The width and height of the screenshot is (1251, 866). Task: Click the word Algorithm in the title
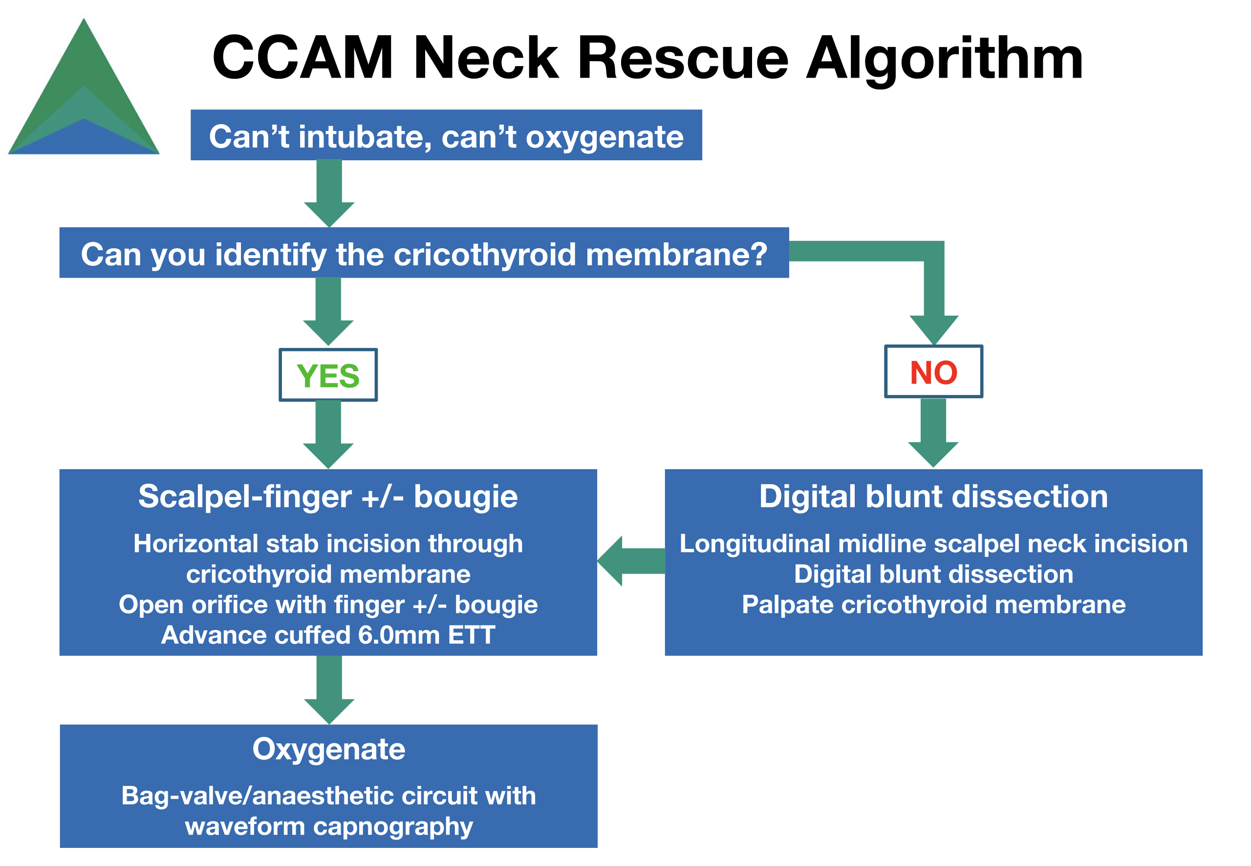click(x=945, y=60)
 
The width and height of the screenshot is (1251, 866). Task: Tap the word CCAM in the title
click(x=302, y=58)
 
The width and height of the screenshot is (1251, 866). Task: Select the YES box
click(x=328, y=375)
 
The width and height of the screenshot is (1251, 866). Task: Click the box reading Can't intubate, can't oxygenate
click(x=447, y=135)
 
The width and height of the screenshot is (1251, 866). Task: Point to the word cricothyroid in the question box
click(x=484, y=254)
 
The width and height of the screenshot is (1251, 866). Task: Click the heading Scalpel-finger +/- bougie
click(x=328, y=497)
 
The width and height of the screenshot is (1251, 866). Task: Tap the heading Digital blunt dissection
click(x=934, y=497)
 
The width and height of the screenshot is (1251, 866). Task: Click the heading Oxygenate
click(x=329, y=749)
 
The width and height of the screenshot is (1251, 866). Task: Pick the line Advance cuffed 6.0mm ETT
click(x=328, y=635)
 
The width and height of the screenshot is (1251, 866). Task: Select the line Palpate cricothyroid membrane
click(x=934, y=605)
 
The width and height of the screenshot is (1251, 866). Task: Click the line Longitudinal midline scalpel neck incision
click(x=934, y=543)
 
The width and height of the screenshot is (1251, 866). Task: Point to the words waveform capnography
click(x=329, y=826)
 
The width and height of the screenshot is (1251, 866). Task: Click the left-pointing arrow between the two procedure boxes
click(x=631, y=561)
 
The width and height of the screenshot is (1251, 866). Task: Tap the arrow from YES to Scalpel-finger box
click(x=328, y=434)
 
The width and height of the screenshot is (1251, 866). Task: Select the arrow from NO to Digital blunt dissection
click(x=933, y=433)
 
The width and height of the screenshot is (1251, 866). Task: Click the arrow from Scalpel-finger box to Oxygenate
click(x=329, y=690)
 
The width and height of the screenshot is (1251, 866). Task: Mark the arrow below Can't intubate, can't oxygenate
click(x=329, y=194)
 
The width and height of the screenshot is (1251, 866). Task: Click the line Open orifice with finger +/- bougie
click(x=328, y=605)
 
